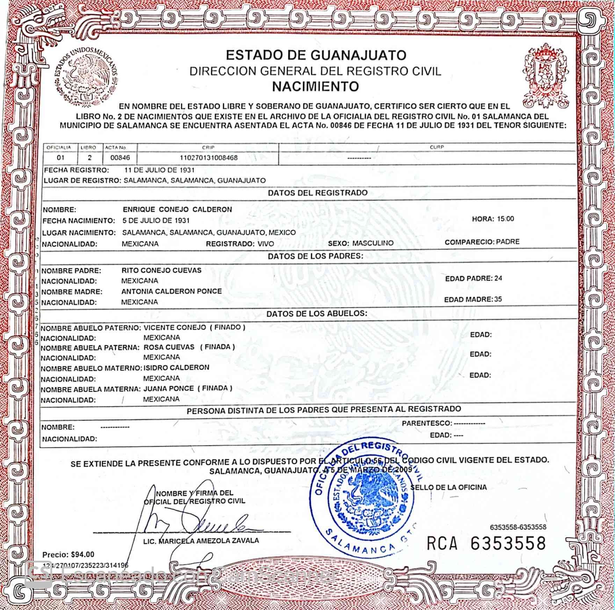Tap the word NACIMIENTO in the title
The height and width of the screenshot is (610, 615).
(316, 86)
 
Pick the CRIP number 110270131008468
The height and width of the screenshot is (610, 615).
(208, 158)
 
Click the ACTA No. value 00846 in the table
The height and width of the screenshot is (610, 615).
(120, 158)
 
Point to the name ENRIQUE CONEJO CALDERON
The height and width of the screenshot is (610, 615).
(177, 210)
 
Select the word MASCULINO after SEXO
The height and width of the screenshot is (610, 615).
(372, 243)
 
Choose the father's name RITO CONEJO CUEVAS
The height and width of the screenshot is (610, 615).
(161, 270)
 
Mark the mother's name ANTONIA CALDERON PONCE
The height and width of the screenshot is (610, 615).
(171, 291)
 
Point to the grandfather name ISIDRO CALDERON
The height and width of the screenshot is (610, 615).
(176, 368)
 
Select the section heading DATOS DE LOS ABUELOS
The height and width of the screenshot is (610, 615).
(317, 313)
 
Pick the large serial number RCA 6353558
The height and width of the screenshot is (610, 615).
(486, 543)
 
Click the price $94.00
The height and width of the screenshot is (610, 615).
(82, 554)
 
